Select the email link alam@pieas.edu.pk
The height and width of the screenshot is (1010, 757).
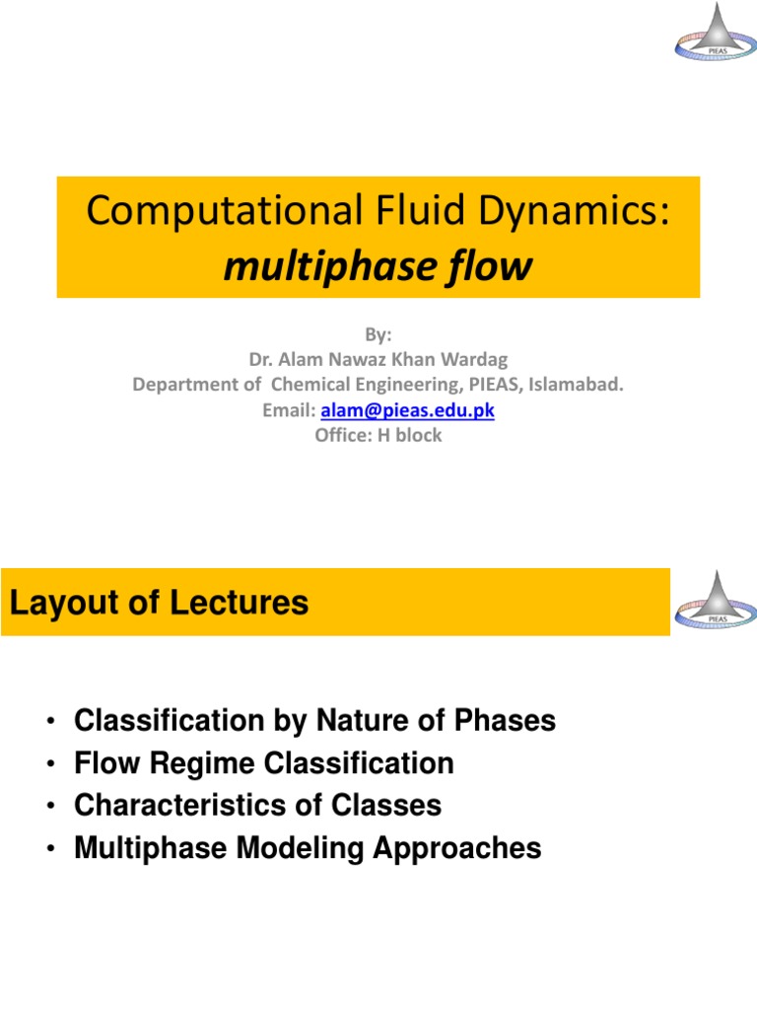click(407, 410)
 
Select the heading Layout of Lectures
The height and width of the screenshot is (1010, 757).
click(159, 603)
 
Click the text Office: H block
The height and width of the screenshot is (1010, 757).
click(378, 435)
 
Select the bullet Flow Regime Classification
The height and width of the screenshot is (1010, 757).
click(263, 763)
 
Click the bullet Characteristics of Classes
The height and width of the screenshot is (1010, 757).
click(257, 806)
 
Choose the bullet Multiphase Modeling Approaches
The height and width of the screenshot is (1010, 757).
click(308, 848)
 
